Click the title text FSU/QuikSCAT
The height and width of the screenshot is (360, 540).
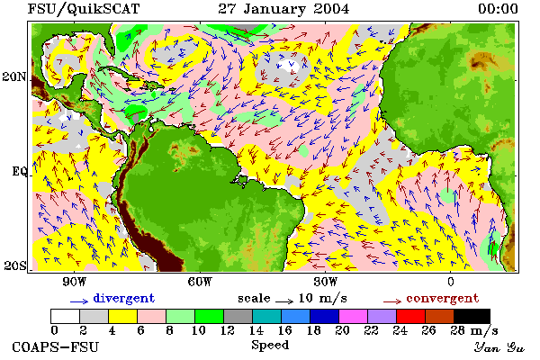[x=84, y=9]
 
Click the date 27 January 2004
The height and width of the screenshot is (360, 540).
[x=283, y=9]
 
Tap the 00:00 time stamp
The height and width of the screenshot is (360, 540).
[x=498, y=9]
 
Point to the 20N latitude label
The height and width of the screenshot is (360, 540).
[x=14, y=76]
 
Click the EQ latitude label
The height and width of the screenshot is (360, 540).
[x=19, y=171]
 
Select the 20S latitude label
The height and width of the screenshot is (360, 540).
[x=15, y=265]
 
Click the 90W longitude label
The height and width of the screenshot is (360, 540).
[x=75, y=282]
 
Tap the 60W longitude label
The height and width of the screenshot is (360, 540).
[x=200, y=282]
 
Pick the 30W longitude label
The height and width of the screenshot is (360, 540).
[x=326, y=282]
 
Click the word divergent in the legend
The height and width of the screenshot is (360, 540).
[x=124, y=298]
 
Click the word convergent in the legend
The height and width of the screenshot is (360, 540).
[x=443, y=298]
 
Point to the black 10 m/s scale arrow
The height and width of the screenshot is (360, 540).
[x=284, y=301]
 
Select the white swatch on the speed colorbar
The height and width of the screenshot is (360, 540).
[x=66, y=316]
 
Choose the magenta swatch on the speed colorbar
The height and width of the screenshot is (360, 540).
[x=354, y=316]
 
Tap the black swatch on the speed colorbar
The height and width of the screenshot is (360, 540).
[x=472, y=316]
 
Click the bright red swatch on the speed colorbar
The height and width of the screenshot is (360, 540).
[x=411, y=316]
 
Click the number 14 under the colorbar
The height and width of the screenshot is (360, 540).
[x=256, y=330]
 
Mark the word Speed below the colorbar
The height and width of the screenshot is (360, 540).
[x=270, y=346]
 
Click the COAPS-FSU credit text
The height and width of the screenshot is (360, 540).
[x=56, y=346]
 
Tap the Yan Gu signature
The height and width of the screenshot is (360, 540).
[x=499, y=347]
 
